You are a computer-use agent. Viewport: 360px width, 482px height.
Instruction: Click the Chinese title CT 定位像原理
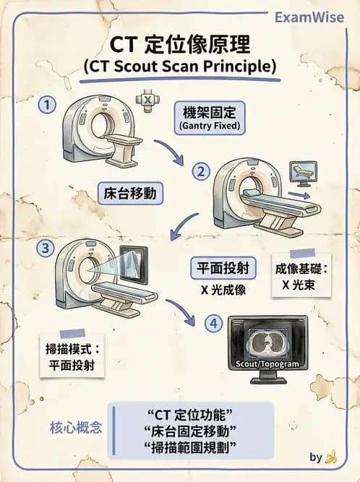(x=179, y=45)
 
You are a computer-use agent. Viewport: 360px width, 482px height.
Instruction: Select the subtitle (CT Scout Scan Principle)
(x=179, y=66)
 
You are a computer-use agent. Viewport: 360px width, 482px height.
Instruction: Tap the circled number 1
(x=47, y=105)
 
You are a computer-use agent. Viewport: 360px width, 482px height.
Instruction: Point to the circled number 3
(x=47, y=248)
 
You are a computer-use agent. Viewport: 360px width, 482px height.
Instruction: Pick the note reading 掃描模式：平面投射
(x=70, y=356)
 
